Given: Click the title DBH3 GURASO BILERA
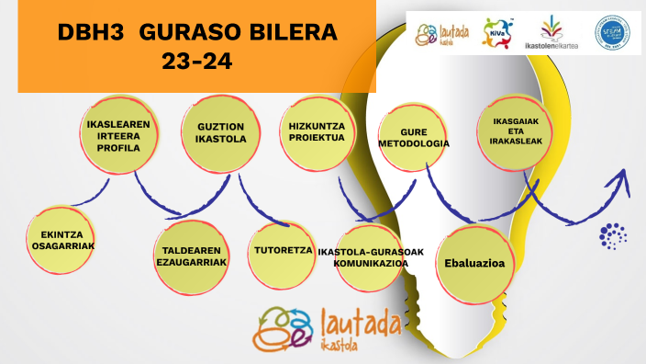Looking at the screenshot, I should pyautogui.click(x=197, y=34).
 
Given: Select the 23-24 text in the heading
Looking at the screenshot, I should pyautogui.click(x=197, y=64).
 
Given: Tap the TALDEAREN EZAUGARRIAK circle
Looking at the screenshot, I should pyautogui.click(x=191, y=255).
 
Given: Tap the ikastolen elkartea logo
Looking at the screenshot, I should pyautogui.click(x=551, y=33).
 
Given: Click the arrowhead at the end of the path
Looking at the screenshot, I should pyautogui.click(x=623, y=179).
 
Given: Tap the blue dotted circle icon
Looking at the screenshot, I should pyautogui.click(x=612, y=234).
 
